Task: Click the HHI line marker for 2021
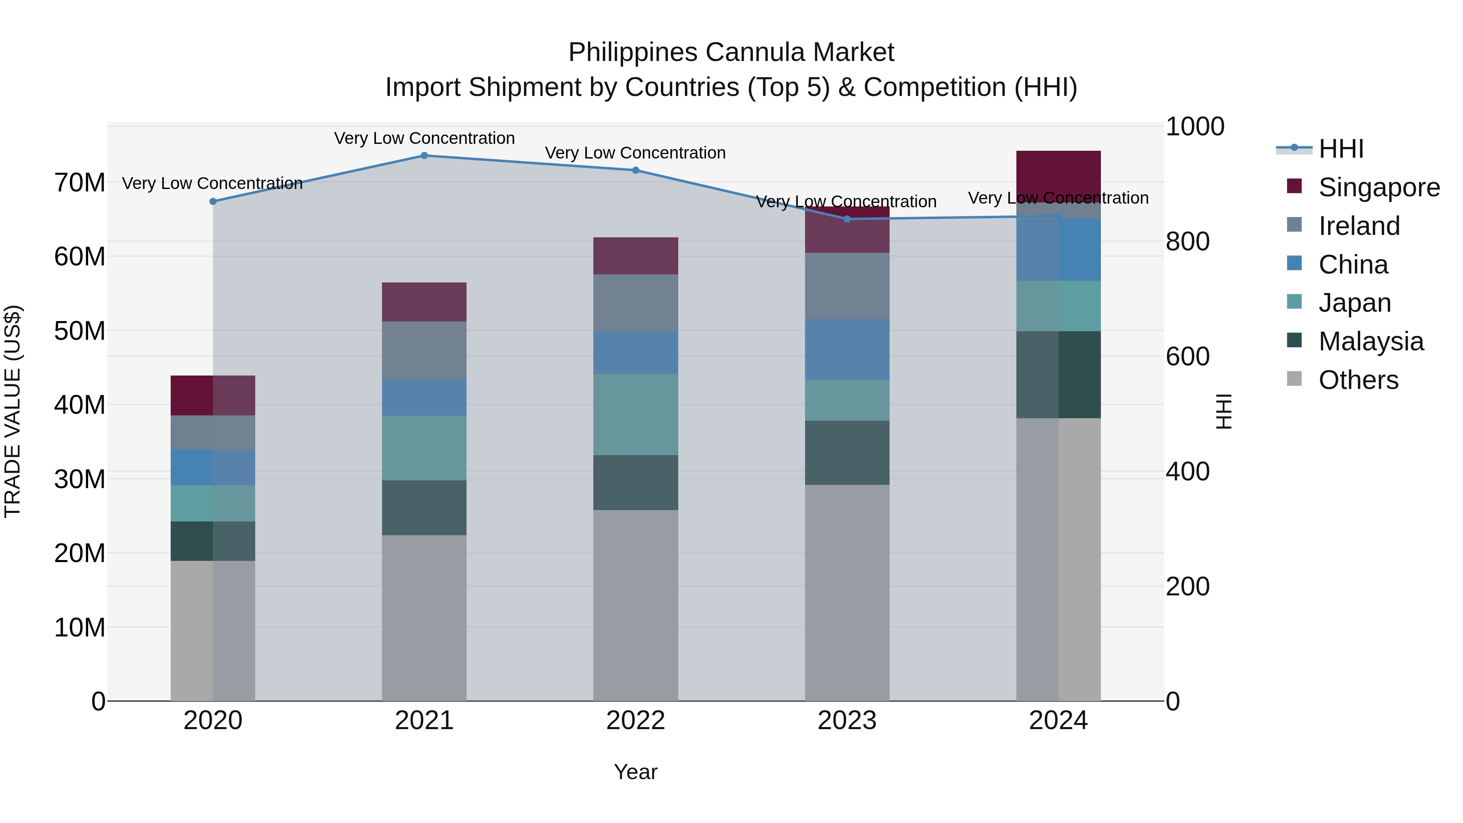424,156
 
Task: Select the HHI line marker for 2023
847,219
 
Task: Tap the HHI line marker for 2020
213,202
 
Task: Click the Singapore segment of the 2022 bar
636,256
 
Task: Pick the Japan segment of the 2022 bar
636,415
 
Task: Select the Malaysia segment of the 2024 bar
1058,375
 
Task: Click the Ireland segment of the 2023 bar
847,286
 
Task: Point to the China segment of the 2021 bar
424,397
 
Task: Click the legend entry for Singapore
1378,187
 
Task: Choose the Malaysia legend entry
1370,341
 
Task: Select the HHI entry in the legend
1340,149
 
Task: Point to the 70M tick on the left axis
80,183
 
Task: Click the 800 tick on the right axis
1187,241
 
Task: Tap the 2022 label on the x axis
636,721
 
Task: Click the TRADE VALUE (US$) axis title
13,411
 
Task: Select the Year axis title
636,772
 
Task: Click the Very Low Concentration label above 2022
636,153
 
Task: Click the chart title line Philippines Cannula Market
731,52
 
